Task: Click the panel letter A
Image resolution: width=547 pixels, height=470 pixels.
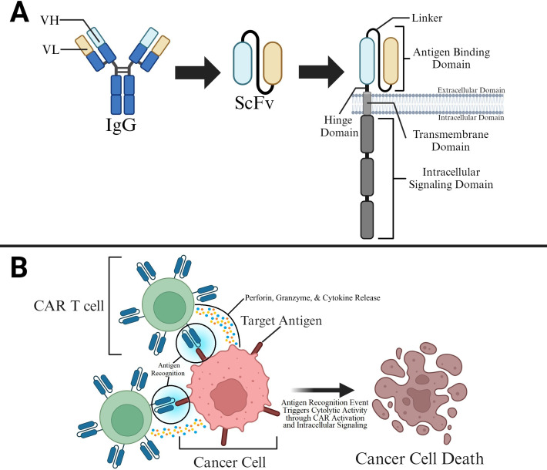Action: (19, 12)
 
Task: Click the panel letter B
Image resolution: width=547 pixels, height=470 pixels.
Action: (18, 267)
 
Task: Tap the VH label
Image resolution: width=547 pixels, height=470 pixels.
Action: (49, 20)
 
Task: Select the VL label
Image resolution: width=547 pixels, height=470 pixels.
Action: (51, 49)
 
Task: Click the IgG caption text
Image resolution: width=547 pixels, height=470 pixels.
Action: (121, 125)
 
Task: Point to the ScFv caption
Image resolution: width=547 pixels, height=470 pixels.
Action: (254, 103)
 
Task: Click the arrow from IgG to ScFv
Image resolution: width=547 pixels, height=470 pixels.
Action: (198, 72)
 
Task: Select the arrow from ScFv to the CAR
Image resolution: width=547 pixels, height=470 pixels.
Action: (321, 72)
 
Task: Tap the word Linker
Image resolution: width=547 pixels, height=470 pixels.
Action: (427, 18)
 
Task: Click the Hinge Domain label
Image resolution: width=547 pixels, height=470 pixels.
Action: (339, 126)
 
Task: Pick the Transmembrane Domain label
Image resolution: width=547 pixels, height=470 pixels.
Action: (451, 141)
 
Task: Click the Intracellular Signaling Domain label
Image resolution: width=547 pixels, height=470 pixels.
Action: (451, 178)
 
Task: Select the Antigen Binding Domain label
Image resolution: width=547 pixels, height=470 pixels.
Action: (451, 58)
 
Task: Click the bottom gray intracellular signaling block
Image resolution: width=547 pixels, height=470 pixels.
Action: (367, 220)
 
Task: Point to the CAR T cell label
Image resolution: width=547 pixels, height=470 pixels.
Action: (69, 306)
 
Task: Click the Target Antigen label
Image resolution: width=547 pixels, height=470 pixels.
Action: (281, 321)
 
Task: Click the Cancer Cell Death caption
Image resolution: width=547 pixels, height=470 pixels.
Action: (419, 458)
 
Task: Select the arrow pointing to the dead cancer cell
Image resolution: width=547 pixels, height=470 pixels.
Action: (323, 390)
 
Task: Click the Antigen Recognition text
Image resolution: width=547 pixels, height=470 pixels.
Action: (168, 369)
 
